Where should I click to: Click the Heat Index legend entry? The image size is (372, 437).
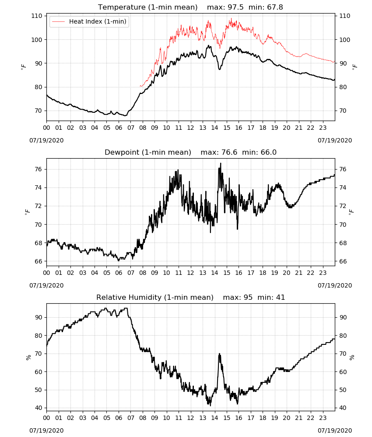(x=89, y=21)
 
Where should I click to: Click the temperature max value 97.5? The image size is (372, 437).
(x=235, y=7)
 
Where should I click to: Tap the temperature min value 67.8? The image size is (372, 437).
(x=275, y=7)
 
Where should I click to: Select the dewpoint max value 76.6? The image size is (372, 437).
(x=229, y=153)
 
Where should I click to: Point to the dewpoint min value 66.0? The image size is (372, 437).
(x=268, y=153)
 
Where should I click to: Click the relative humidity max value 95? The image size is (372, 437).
(x=248, y=297)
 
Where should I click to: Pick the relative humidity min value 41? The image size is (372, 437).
(x=280, y=297)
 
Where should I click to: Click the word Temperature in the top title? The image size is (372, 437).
(x=122, y=7)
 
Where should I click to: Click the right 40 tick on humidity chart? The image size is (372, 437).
(x=343, y=408)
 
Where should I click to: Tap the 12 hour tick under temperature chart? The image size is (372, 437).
(x=191, y=128)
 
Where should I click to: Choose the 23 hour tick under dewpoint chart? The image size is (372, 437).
(x=323, y=273)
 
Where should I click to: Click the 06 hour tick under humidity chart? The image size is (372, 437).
(x=119, y=418)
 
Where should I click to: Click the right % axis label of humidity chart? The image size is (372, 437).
(x=352, y=357)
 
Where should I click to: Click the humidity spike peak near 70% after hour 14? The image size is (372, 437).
(x=219, y=354)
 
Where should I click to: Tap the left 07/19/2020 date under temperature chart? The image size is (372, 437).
(x=46, y=140)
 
